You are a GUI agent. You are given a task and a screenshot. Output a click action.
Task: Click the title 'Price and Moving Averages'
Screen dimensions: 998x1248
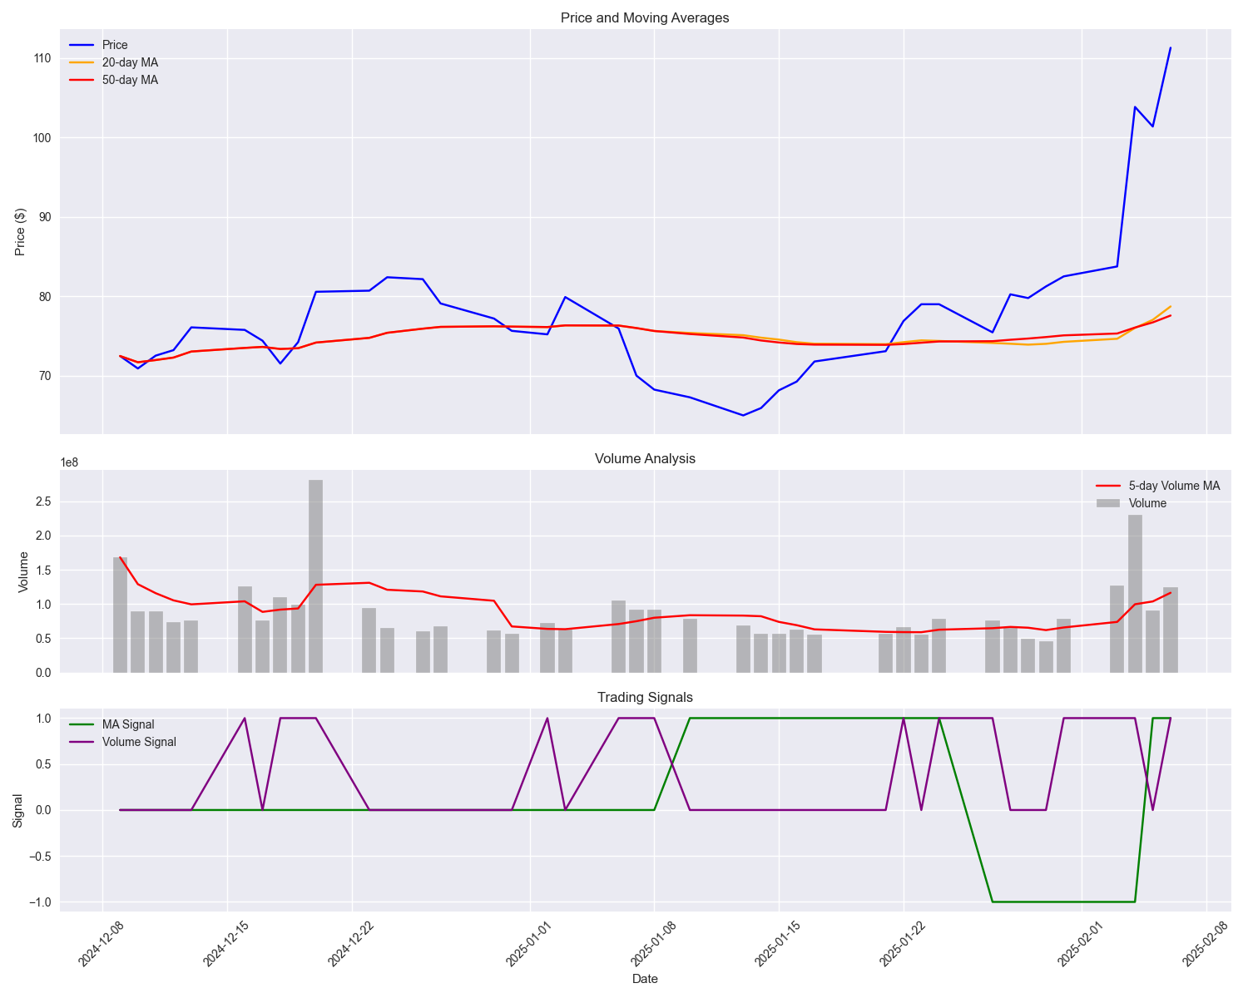coord(645,18)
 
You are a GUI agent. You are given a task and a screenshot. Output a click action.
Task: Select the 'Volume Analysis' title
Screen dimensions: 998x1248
coord(645,459)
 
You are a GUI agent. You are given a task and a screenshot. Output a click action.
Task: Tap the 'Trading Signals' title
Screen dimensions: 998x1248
coord(645,698)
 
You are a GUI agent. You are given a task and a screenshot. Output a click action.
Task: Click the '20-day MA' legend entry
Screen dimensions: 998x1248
coord(130,62)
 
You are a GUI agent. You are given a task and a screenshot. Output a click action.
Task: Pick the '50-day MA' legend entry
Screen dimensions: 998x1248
coord(130,80)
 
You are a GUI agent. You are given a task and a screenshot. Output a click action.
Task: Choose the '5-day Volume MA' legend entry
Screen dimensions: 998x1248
coord(1174,486)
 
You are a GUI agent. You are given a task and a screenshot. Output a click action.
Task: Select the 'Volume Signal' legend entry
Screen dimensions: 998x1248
coord(139,742)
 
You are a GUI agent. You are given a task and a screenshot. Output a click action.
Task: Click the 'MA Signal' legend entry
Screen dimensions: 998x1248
coord(128,724)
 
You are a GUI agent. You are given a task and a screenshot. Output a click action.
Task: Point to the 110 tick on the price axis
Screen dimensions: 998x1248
coord(42,58)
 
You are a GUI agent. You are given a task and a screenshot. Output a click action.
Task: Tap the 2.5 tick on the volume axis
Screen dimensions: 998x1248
coord(42,501)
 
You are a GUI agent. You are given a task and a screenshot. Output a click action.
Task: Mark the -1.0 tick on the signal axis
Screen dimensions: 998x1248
coord(40,902)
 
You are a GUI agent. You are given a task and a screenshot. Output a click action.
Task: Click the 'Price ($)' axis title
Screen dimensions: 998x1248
coord(21,231)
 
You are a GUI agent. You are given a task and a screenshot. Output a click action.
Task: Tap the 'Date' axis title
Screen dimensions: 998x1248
coord(645,979)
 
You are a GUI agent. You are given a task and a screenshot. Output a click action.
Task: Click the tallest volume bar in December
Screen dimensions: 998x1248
coord(315,576)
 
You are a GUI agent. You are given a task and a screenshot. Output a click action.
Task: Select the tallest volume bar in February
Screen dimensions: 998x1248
coord(1135,593)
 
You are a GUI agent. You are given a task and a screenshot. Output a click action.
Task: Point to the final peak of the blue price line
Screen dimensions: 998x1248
coord(1170,48)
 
